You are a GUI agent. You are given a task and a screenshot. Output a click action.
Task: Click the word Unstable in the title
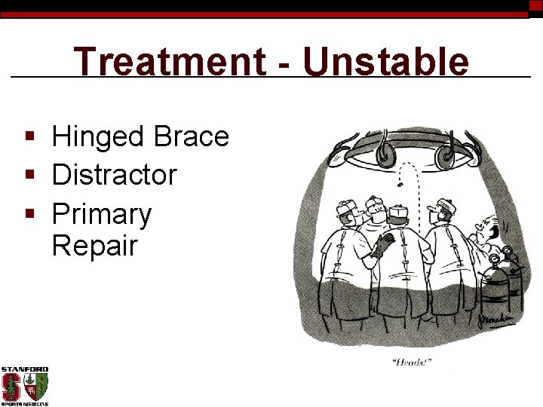pos(385,62)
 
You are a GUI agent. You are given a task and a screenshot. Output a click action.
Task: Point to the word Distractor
pos(114,175)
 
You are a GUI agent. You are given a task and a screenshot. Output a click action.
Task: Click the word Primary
pos(101,214)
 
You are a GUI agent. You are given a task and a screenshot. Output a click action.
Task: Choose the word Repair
pos(94,245)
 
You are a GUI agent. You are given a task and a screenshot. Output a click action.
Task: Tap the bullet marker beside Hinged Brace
pos(29,138)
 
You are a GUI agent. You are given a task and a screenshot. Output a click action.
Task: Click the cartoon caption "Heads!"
pos(413,363)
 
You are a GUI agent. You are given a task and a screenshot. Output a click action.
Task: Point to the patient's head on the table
pos(489,226)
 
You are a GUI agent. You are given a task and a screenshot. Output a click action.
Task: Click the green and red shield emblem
pos(36,386)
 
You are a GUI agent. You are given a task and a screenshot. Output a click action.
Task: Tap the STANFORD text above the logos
pos(24,369)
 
